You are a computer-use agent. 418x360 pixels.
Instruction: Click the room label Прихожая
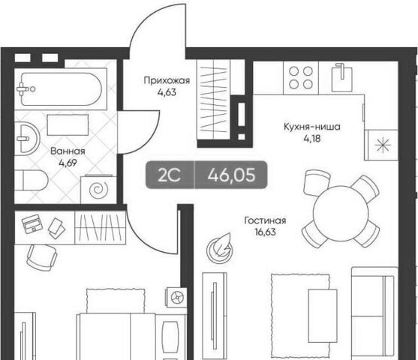167,80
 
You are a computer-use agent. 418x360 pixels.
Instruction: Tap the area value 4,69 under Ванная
68,163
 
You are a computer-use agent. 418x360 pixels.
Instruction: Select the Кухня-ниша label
311,127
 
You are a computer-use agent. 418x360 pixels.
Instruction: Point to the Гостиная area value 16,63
265,232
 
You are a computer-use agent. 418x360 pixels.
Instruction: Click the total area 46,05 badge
231,175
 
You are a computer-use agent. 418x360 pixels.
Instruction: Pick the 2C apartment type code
170,175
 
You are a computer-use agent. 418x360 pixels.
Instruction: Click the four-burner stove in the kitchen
301,77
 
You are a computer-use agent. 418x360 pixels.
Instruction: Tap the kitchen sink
341,77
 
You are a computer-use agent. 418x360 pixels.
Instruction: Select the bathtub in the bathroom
61,89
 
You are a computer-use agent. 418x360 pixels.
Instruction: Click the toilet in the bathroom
31,180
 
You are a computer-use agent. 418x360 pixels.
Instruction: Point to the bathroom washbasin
27,138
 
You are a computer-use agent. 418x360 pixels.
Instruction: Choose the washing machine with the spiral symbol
98,189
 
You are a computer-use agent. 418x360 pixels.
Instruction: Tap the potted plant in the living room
220,247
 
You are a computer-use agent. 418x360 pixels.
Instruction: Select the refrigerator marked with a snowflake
382,145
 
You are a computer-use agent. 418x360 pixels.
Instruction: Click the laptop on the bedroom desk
32,223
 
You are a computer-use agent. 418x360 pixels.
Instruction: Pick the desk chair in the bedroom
42,257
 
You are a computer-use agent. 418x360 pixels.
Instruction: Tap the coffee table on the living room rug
323,316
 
